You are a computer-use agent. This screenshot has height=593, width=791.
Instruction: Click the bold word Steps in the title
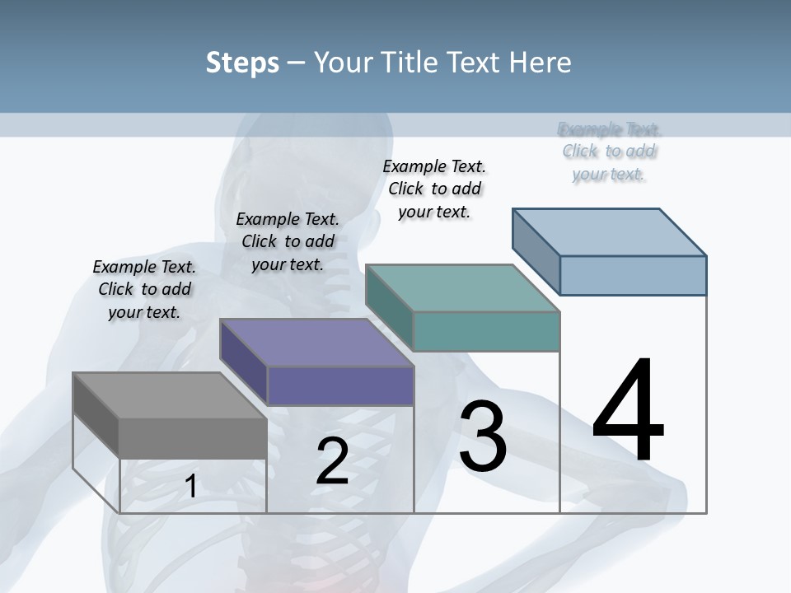[x=242, y=63]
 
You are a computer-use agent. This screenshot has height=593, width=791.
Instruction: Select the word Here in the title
[x=541, y=63]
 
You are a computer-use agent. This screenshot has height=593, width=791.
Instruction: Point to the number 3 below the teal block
[x=482, y=437]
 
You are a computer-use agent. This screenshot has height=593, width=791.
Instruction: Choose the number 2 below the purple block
[x=332, y=461]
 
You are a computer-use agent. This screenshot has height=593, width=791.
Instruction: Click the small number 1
[x=190, y=487]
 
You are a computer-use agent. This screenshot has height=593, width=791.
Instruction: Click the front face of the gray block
[x=193, y=438]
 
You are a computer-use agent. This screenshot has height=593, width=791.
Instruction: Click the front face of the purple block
[x=340, y=385]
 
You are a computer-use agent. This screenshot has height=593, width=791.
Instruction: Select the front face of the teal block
[x=486, y=331]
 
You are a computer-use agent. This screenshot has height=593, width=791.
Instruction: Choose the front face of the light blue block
[x=633, y=275]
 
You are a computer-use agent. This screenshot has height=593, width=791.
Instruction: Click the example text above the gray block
[x=144, y=289]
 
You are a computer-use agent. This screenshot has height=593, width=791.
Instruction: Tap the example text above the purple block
[x=288, y=241]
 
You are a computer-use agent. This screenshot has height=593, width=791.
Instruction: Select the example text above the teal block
[x=434, y=189]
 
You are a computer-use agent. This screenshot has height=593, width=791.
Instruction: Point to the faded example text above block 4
[x=609, y=152]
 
